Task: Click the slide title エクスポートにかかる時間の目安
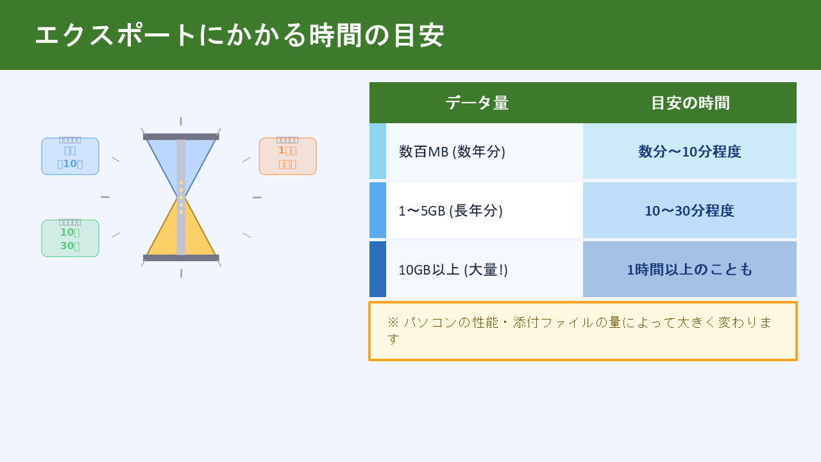tap(239, 35)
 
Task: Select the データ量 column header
tap(477, 103)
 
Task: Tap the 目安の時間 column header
tap(690, 103)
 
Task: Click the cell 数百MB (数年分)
tap(452, 151)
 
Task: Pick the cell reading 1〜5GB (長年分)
tap(450, 210)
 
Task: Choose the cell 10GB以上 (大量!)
tap(453, 269)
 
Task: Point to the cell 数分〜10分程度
tap(690, 151)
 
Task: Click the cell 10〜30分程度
tap(690, 210)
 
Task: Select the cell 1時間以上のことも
tap(690, 269)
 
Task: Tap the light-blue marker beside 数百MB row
tap(378, 151)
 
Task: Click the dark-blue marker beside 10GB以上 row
tap(378, 269)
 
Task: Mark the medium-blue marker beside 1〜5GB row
tap(378, 210)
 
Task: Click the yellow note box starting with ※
tap(582, 331)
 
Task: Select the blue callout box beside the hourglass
tap(70, 156)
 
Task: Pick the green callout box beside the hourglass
tap(70, 238)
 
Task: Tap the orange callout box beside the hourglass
tap(287, 156)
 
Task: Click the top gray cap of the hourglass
tap(181, 137)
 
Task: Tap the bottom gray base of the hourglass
tap(181, 258)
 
